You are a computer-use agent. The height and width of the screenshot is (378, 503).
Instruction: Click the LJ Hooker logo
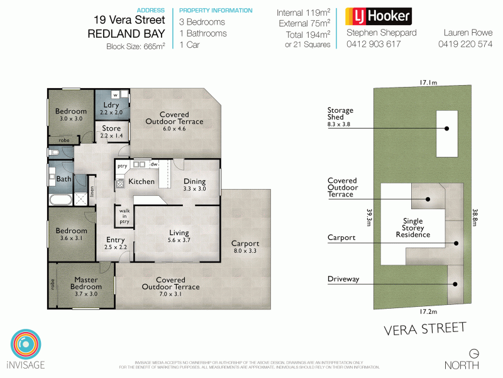pyautogui.click(x=378, y=16)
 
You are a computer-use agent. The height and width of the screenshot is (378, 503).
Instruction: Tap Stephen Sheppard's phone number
pyautogui.click(x=373, y=44)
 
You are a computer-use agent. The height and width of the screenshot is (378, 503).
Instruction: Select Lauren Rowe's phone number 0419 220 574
pyautogui.click(x=465, y=44)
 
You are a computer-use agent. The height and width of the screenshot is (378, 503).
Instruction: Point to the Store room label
pyautogui.click(x=111, y=129)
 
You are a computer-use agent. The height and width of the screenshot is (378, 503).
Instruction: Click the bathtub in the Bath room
pyautogui.click(x=59, y=200)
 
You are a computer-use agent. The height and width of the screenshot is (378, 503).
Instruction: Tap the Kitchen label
pyautogui.click(x=141, y=181)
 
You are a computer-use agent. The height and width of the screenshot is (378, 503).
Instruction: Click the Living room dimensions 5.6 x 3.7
pyautogui.click(x=179, y=240)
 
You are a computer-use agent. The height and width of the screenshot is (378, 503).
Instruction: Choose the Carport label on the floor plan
pyautogui.click(x=245, y=243)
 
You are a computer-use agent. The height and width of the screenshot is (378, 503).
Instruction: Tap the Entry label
pyautogui.click(x=115, y=240)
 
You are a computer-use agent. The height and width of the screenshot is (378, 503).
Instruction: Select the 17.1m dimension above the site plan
pyautogui.click(x=429, y=82)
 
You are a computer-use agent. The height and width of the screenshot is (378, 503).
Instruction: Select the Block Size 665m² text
pyautogui.click(x=136, y=46)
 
